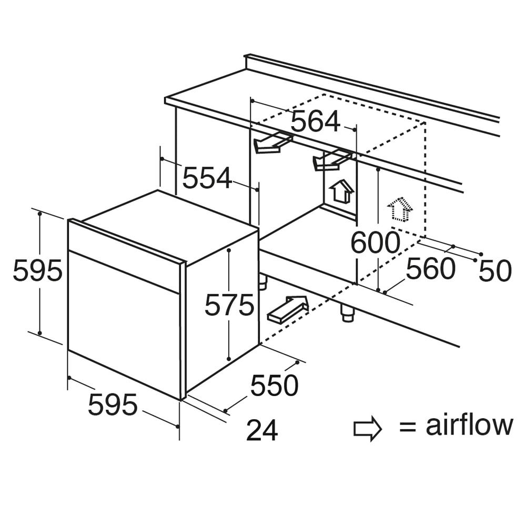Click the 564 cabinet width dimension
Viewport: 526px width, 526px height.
pos(315,121)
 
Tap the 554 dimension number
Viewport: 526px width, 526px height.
pos(207,178)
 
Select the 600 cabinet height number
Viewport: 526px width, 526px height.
pos(376,242)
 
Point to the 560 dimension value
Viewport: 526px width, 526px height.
pos(431,268)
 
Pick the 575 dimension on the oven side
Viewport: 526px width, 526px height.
pos(229,305)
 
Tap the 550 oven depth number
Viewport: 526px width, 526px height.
pos(275,386)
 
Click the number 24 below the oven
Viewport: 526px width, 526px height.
pos(262,430)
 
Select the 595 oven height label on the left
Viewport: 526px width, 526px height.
pos(37,270)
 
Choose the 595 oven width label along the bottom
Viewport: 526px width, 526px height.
pos(113,404)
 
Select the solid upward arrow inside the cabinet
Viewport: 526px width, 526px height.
pos(342,191)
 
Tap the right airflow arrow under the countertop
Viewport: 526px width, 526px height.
pos(332,160)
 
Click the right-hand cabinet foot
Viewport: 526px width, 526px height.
pos(348,312)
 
